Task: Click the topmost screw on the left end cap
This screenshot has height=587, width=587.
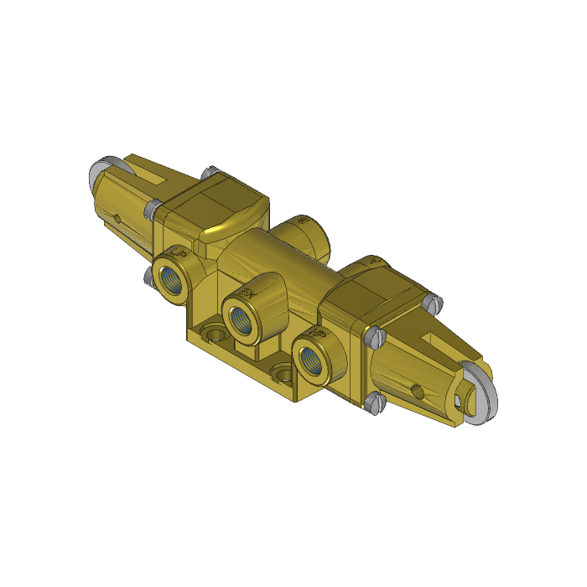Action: click(208, 173)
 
